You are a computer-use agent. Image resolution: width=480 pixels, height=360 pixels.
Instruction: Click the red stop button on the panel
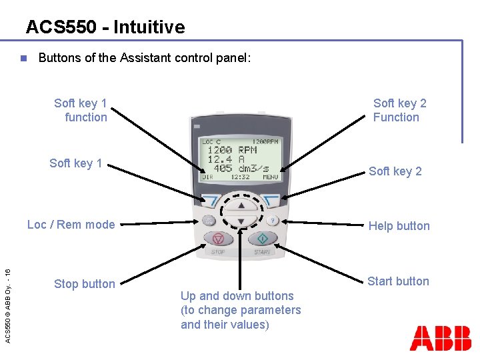coord(218,239)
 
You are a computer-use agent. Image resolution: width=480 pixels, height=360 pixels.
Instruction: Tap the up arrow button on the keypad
coord(241,205)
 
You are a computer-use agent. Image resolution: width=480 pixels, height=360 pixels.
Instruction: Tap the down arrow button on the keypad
coord(241,221)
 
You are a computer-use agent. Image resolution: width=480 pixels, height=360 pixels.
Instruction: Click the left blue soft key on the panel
coord(210,199)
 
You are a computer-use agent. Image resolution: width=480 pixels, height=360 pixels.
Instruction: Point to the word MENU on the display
coord(270,177)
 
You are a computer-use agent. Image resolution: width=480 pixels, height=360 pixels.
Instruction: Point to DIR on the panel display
coord(208,177)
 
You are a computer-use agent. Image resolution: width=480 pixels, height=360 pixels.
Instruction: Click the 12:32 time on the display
coord(240,177)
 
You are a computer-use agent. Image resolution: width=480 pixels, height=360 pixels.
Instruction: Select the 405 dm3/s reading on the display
coord(237,169)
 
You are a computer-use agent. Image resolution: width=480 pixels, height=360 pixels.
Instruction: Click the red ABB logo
coord(440,338)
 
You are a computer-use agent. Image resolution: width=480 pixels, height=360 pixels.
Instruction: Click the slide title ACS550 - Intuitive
coord(105,27)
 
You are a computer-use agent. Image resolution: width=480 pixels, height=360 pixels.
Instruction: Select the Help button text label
coord(399,226)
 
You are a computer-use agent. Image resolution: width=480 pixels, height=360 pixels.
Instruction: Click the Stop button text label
coord(84,284)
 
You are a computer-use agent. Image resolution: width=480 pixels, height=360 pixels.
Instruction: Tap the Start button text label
coord(398,281)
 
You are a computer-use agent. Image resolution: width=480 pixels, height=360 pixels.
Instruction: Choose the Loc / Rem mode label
coord(71,225)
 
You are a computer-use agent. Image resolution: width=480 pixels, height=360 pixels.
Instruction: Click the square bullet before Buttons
coord(22,58)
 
